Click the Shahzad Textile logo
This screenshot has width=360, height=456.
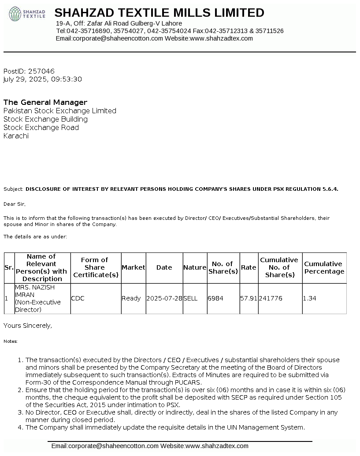click(27, 14)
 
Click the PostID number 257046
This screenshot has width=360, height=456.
click(41, 71)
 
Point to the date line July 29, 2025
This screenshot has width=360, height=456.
click(42, 79)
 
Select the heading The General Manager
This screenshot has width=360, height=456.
click(45, 102)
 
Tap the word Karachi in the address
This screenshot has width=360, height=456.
click(16, 136)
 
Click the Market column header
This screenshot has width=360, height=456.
click(133, 267)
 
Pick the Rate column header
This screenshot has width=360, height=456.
click(249, 267)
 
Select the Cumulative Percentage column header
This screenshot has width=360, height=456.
click(324, 267)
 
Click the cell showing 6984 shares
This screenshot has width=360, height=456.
click(215, 298)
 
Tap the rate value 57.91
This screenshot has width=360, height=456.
click(249, 298)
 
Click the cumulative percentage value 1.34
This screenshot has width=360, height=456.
click(309, 298)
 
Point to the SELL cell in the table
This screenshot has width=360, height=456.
click(190, 298)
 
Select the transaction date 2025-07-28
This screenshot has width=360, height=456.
click(164, 298)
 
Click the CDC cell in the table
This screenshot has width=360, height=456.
click(78, 298)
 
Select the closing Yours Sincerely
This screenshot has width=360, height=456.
click(28, 326)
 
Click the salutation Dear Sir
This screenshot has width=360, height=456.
click(15, 204)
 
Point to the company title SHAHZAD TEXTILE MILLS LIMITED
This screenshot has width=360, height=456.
click(159, 12)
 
